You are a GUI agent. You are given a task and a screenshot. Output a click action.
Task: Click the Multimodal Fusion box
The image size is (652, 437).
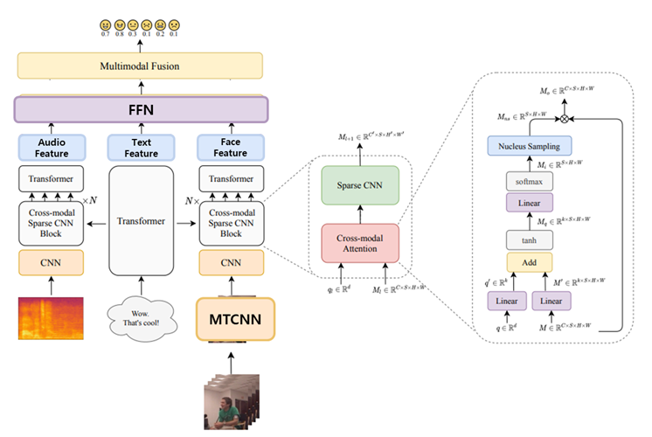click(140, 66)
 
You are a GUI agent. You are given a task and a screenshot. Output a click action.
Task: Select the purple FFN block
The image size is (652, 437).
click(140, 110)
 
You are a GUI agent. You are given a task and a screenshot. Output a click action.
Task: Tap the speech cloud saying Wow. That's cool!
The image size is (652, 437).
click(140, 318)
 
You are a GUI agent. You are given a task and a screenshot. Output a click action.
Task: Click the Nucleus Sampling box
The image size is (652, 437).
click(530, 146)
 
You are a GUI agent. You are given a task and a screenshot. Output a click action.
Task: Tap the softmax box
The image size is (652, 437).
click(530, 181)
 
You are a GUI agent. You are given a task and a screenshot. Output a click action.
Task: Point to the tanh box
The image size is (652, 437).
click(530, 239)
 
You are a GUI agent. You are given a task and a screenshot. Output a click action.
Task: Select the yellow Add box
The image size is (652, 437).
click(530, 263)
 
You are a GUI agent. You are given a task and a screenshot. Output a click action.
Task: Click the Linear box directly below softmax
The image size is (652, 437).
click(530, 203)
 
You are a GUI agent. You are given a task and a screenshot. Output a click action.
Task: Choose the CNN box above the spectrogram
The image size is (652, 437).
click(51, 261)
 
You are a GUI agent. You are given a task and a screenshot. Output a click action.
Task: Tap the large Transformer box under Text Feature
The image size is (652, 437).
click(140, 222)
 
